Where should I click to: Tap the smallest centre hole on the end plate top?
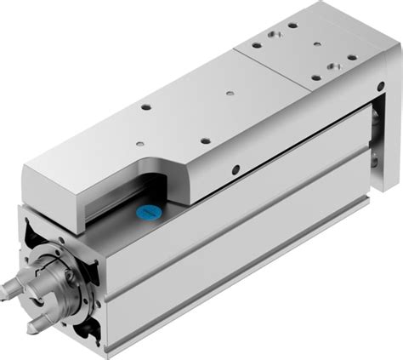point(316,44)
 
